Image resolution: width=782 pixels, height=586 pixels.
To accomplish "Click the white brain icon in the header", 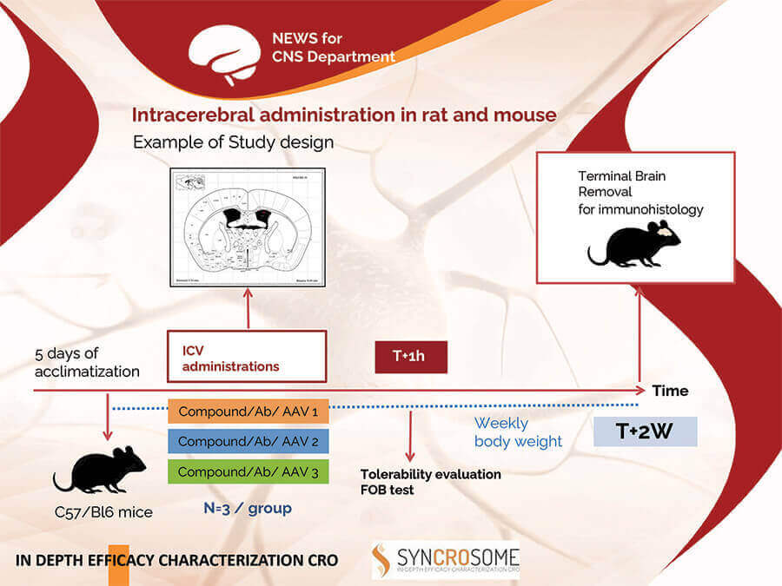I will click(x=225, y=49).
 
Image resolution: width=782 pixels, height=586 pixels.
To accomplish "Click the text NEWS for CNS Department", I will click(x=334, y=48).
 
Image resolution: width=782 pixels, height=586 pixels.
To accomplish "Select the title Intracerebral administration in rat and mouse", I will click(x=344, y=115).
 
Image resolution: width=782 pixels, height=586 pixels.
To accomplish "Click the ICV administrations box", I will click(x=247, y=356).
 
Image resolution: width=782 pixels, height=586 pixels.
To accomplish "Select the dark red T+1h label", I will click(x=410, y=357).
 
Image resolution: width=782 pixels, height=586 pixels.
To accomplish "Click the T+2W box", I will click(x=645, y=431).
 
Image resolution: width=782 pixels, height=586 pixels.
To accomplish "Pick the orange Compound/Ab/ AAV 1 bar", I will click(x=248, y=411).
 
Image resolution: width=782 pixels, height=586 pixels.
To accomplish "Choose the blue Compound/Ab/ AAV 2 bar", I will click(x=248, y=441).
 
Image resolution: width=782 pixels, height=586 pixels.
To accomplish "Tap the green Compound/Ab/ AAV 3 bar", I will click(x=248, y=471).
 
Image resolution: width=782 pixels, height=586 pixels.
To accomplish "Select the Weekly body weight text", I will click(x=518, y=432).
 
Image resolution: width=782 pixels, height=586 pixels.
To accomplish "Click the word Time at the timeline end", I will click(x=670, y=391).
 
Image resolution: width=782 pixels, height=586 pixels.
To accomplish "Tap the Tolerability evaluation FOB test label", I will click(x=431, y=481).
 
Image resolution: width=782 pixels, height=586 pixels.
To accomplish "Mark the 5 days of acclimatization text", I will click(x=87, y=363).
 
